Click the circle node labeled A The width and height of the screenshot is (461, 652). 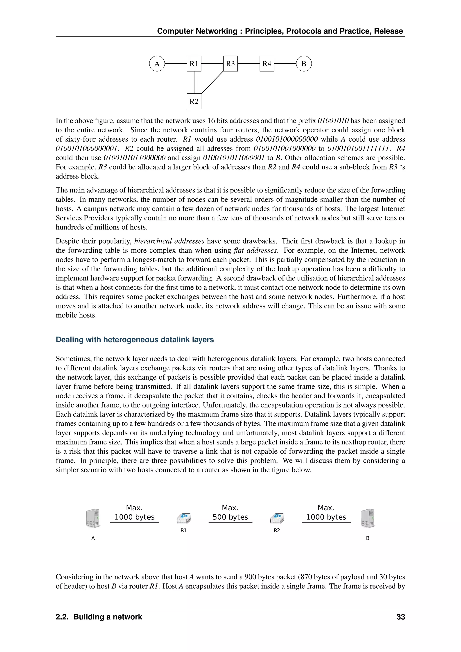pyautogui.click(x=157, y=64)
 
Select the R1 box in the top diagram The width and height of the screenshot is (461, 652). pyautogui.click(x=194, y=64)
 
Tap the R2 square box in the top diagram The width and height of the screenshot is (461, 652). pyautogui.click(x=194, y=101)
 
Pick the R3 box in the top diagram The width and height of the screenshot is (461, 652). pyautogui.click(x=230, y=64)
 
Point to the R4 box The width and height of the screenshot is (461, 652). pyautogui.click(x=267, y=64)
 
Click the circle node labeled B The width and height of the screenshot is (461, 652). pyautogui.click(x=304, y=64)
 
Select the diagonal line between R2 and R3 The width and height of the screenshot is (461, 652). pyautogui.click(x=212, y=82)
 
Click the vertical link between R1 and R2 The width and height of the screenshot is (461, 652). pyautogui.click(x=194, y=82)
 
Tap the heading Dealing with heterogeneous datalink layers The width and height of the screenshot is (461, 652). pyautogui.click(x=135, y=340)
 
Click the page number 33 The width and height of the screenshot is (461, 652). pyautogui.click(x=400, y=617)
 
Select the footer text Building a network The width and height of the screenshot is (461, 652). pyautogui.click(x=108, y=617)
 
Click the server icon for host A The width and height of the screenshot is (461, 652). pyautogui.click(x=93, y=518)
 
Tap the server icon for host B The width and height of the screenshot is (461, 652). pyautogui.click(x=368, y=518)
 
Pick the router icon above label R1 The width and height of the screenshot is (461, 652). pyautogui.click(x=184, y=518)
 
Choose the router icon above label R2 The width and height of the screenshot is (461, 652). pyautogui.click(x=277, y=518)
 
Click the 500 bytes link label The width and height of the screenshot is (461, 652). pyautogui.click(x=230, y=517)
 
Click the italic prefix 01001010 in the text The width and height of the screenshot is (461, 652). pyautogui.click(x=333, y=121)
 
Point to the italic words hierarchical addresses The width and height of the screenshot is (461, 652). pyautogui.click(x=169, y=241)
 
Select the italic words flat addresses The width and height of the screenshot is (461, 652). pyautogui.click(x=255, y=250)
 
